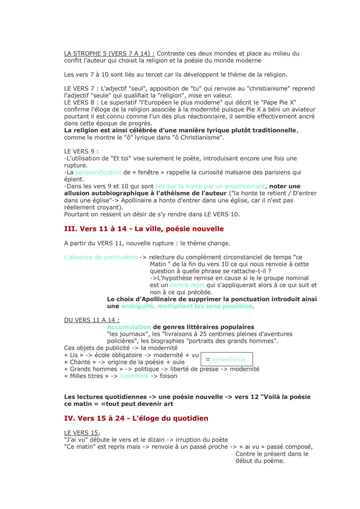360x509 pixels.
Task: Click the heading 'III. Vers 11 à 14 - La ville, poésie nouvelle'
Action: tap(144, 229)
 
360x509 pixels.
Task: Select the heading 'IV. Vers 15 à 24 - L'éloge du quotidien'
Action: tap(136, 418)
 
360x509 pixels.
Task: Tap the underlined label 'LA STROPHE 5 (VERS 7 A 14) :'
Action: tap(109, 53)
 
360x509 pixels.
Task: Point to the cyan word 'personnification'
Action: tap(98, 172)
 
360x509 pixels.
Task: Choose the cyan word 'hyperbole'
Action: tap(134, 376)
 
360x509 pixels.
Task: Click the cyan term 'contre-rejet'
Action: tap(187, 285)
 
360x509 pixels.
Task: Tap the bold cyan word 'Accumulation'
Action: tap(129, 327)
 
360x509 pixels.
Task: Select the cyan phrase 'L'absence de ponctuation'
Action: tap(101, 257)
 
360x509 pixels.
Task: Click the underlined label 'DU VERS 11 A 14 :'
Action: tap(92, 320)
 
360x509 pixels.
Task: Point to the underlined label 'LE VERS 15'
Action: tap(81, 433)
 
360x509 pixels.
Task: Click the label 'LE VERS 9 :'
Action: tap(81, 151)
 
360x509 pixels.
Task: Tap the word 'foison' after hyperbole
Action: tap(168, 376)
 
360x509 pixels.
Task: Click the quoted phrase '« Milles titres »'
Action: tap(86, 376)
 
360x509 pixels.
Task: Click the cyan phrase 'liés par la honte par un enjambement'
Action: tap(210, 186)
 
